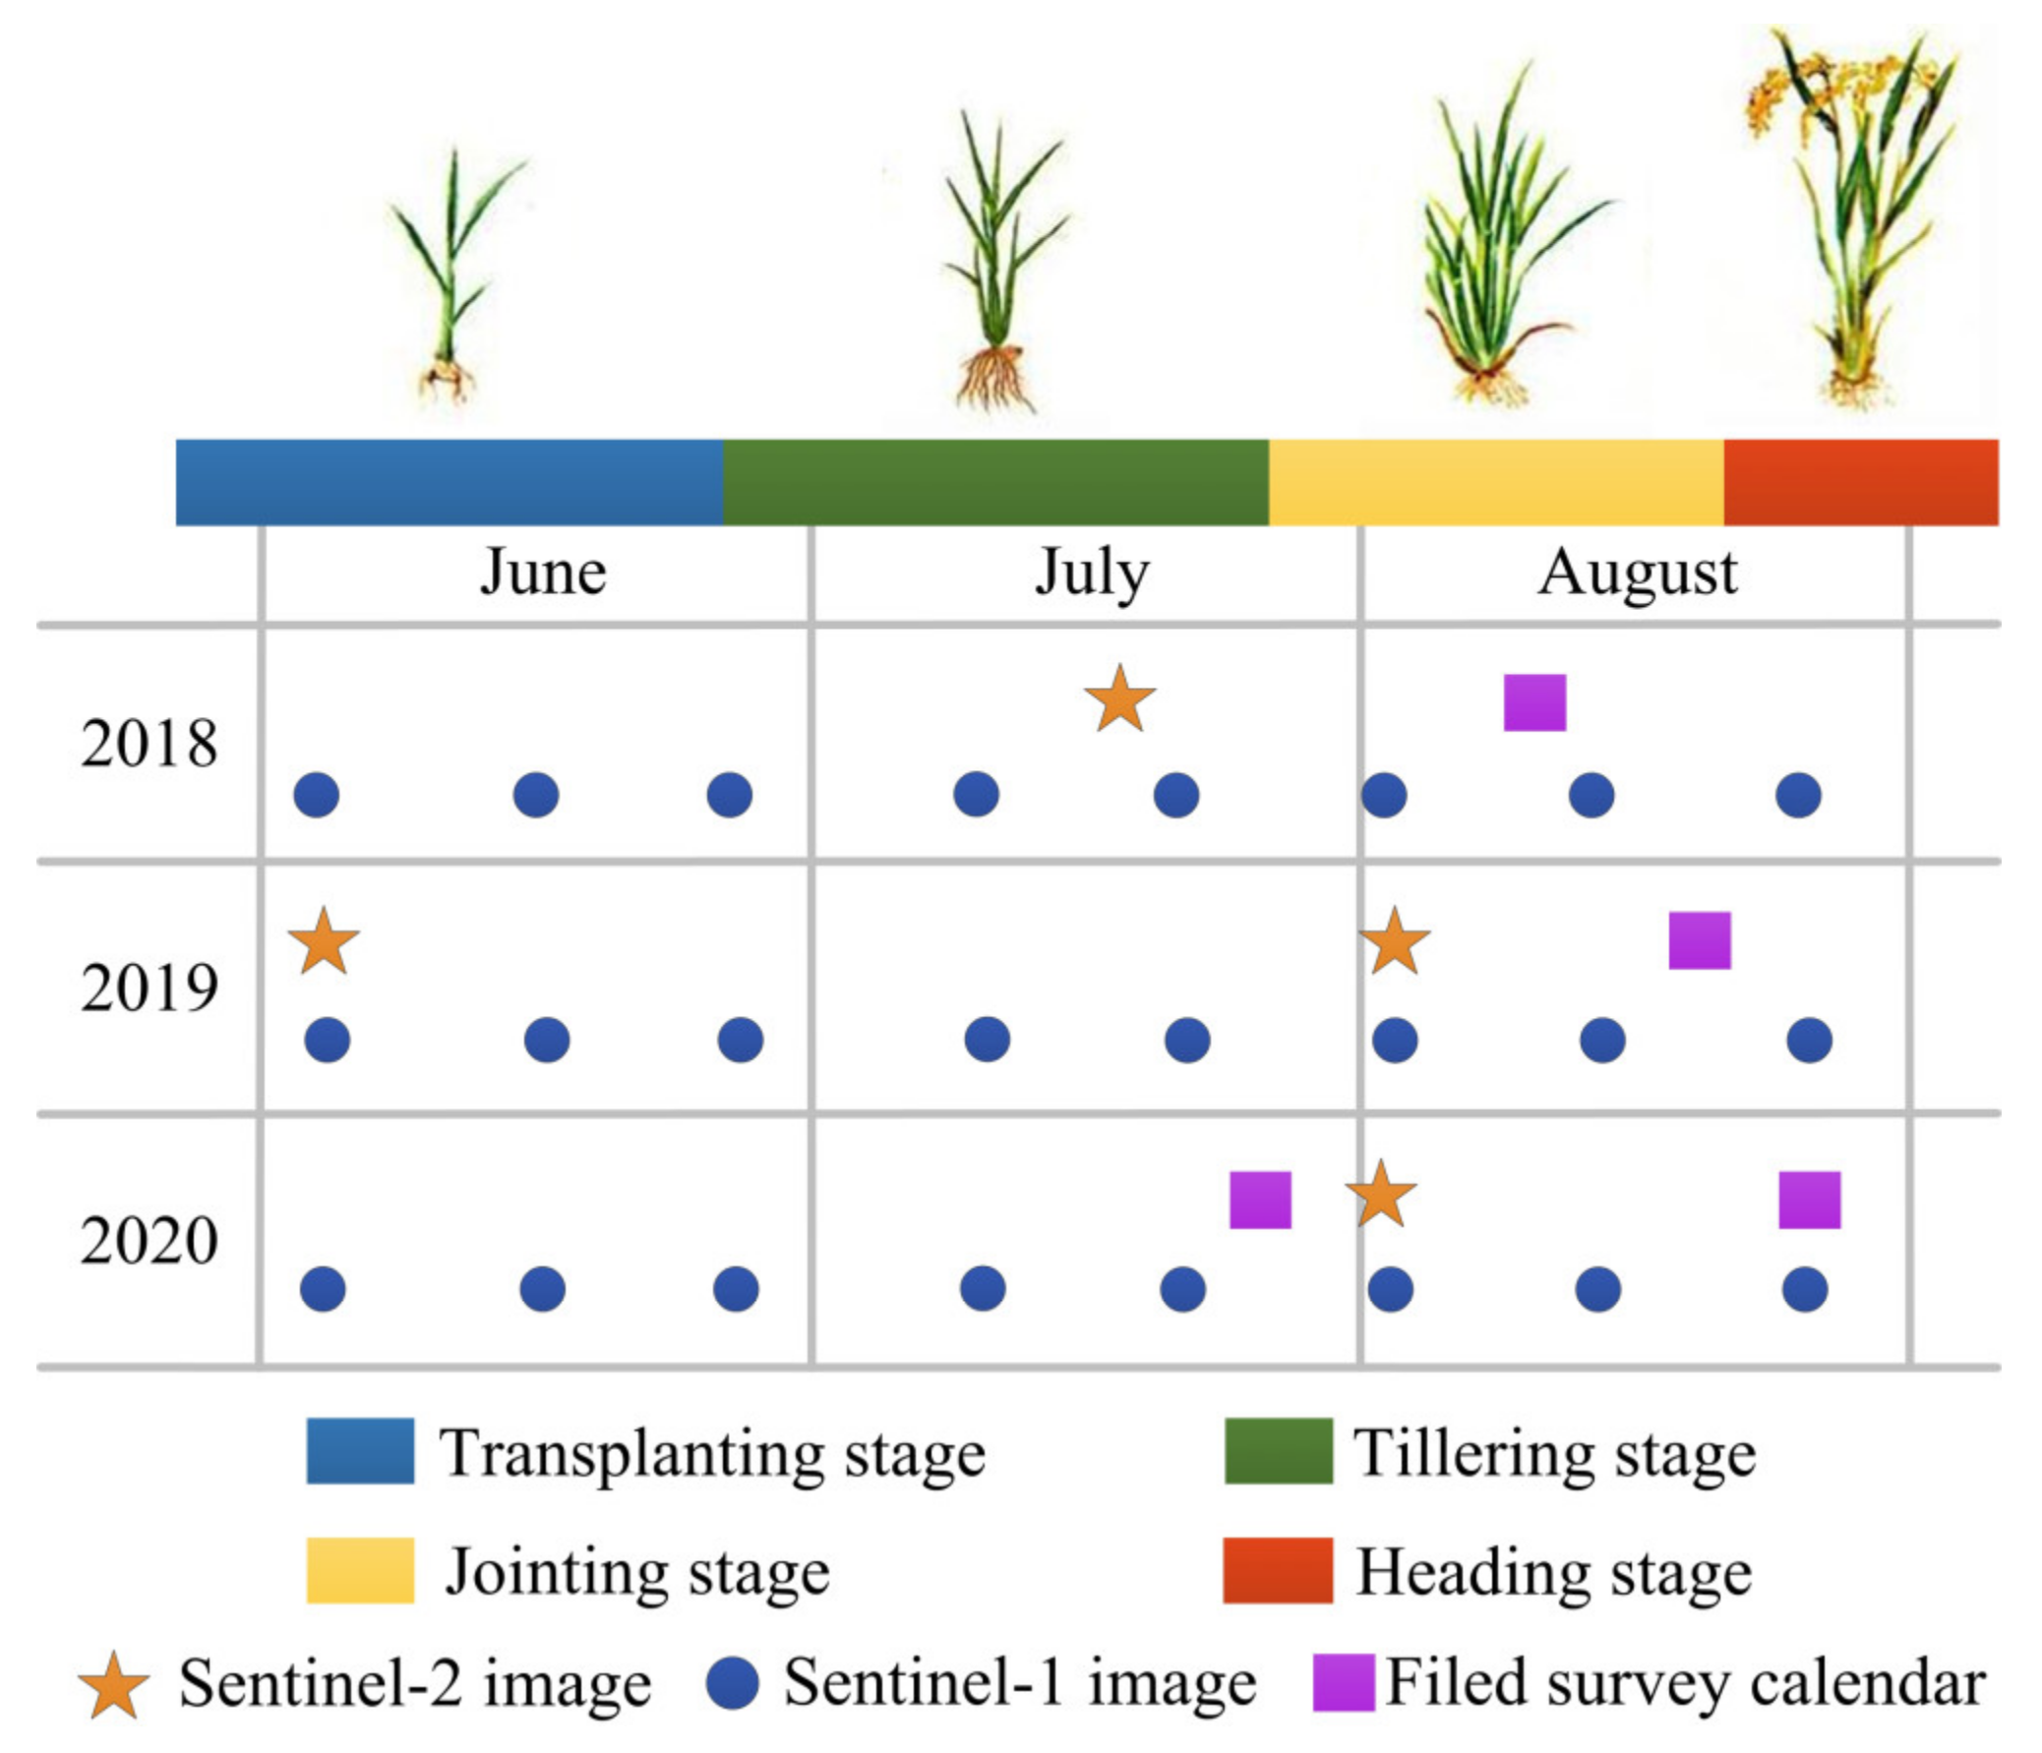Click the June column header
pos(543,573)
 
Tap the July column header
pos(1092,573)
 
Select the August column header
pos(1637,573)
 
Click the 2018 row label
pos(149,744)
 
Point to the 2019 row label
pos(149,989)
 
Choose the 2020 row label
pos(149,1240)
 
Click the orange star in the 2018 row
pos(1119,700)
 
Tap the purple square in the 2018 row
pos(1534,702)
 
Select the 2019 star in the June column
pos(324,943)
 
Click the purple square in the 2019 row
pos(1699,940)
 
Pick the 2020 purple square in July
pos(1260,1199)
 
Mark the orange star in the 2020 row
pos(1381,1195)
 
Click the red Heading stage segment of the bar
pos(1860,482)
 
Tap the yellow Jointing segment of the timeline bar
pos(1495,482)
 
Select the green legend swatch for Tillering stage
pos(1279,1451)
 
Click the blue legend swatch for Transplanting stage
pos(360,1451)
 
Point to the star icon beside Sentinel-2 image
pos(114,1686)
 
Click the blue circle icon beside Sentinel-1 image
pos(732,1683)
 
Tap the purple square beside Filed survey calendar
pos(1344,1683)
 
